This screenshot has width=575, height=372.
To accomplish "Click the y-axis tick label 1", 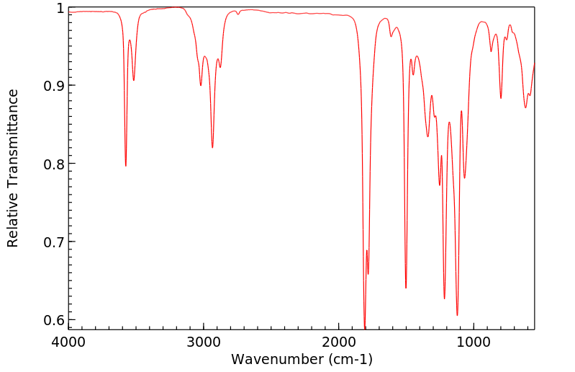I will coord(60,8).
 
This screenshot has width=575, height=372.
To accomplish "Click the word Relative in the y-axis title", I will coord(13,223).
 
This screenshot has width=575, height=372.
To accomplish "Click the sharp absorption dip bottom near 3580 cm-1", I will coord(126,166).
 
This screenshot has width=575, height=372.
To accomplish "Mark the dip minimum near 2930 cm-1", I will coord(212,148).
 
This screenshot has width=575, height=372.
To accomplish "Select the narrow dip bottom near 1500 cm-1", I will coord(406,288).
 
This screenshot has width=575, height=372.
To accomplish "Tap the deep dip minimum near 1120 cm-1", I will coord(457,315).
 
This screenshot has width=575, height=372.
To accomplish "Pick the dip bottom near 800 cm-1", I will coord(501,98).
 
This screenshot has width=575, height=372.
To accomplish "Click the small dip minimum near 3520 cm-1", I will coord(133,80).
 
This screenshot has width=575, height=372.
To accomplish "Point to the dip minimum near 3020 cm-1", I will coord(201,86).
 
